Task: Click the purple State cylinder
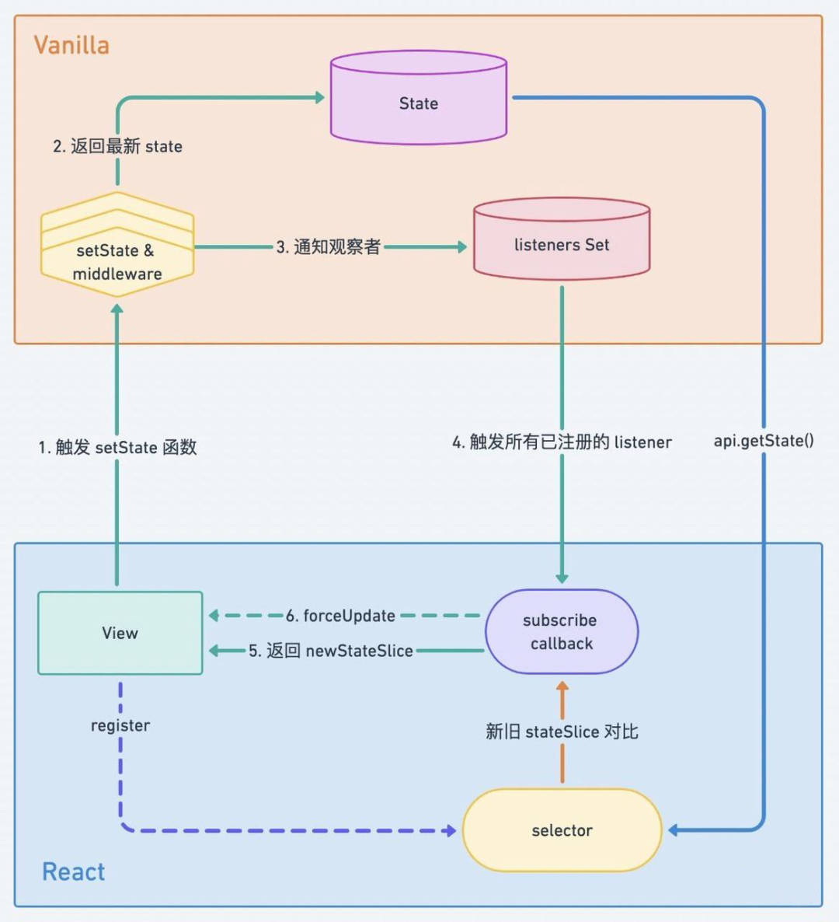[419, 100]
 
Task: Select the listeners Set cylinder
[562, 241]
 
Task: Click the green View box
[120, 633]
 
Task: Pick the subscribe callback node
[561, 631]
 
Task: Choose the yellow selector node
[562, 830]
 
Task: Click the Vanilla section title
[71, 45]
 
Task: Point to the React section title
[73, 871]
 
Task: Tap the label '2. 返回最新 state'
[117, 146]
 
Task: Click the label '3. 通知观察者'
[329, 247]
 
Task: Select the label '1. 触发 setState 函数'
[117, 447]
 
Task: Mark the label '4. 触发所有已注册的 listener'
[562, 442]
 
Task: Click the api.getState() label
[764, 441]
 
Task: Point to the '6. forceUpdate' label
[340, 616]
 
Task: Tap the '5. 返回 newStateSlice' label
[330, 651]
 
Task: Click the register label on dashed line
[120, 725]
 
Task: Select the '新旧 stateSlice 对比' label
[562, 732]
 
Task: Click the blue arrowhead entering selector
[674, 830]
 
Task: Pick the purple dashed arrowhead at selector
[450, 831]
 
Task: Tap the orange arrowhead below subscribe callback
[562, 687]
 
